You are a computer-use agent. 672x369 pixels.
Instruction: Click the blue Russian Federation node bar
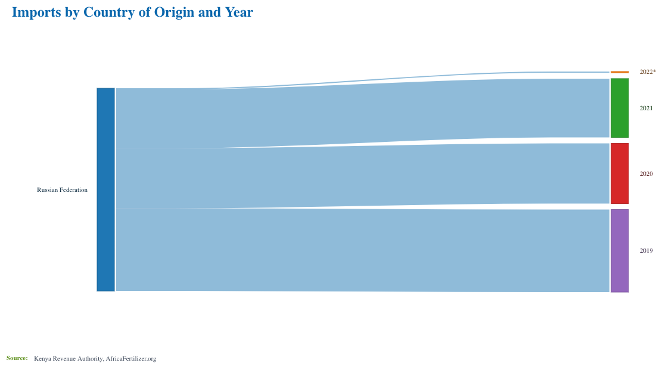[105, 190]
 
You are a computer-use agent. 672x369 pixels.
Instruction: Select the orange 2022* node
[620, 72]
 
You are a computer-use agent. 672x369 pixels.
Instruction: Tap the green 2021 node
[620, 108]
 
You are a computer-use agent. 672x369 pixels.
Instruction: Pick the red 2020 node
[620, 173]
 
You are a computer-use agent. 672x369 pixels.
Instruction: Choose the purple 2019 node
[620, 251]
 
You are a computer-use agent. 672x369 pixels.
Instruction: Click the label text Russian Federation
[62, 190]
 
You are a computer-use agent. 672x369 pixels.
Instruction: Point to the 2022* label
[648, 72]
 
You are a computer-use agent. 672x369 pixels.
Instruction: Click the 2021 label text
[646, 108]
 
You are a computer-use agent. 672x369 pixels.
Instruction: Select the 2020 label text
[646, 174]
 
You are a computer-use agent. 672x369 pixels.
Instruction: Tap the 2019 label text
[646, 251]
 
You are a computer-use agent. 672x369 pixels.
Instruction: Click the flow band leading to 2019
[363, 250]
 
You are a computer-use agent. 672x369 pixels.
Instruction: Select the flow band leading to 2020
[363, 176]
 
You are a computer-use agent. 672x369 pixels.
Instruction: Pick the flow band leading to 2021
[363, 113]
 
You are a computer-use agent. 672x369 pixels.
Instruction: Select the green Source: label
[17, 358]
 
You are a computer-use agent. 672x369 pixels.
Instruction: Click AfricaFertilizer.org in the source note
[130, 359]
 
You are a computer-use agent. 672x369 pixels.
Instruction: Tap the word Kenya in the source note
[42, 359]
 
